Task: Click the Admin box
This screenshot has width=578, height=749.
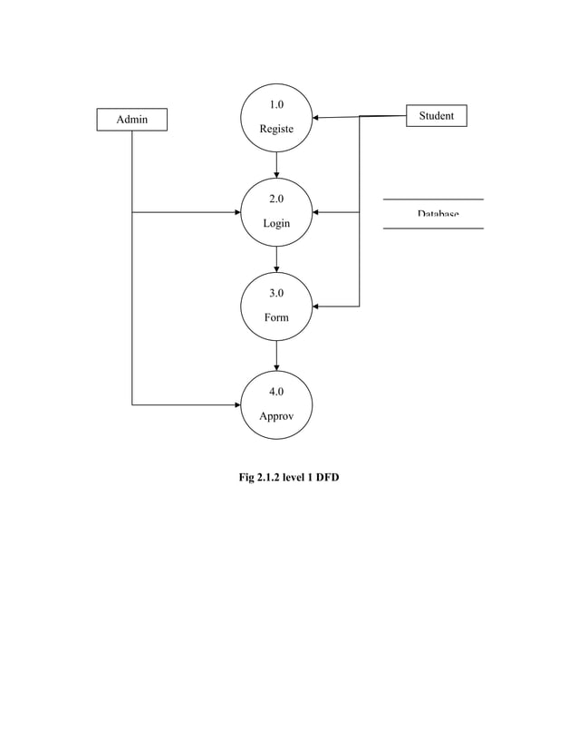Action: pos(132,119)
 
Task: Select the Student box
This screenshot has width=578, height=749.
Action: pos(436,115)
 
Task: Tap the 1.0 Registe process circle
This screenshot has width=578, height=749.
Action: pos(276,117)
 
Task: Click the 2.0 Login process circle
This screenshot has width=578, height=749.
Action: pos(276,212)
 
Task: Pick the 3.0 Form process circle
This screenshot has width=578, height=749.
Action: pos(276,306)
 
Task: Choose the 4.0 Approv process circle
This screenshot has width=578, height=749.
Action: pos(276,404)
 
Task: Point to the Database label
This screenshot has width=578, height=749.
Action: pos(438,214)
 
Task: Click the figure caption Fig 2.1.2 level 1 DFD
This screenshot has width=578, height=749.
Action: pos(288,477)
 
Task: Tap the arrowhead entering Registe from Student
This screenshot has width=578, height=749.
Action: pos(316,117)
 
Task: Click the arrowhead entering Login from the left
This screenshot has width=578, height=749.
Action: pos(236,212)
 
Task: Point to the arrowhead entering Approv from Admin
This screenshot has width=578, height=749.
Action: pos(236,404)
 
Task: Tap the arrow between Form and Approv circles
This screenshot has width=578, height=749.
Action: pos(276,355)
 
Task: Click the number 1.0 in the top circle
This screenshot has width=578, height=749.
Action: pos(276,104)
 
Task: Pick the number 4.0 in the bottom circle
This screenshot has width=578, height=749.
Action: pos(276,392)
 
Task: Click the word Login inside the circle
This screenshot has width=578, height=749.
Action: pos(276,223)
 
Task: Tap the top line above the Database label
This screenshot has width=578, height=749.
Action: pos(433,199)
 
